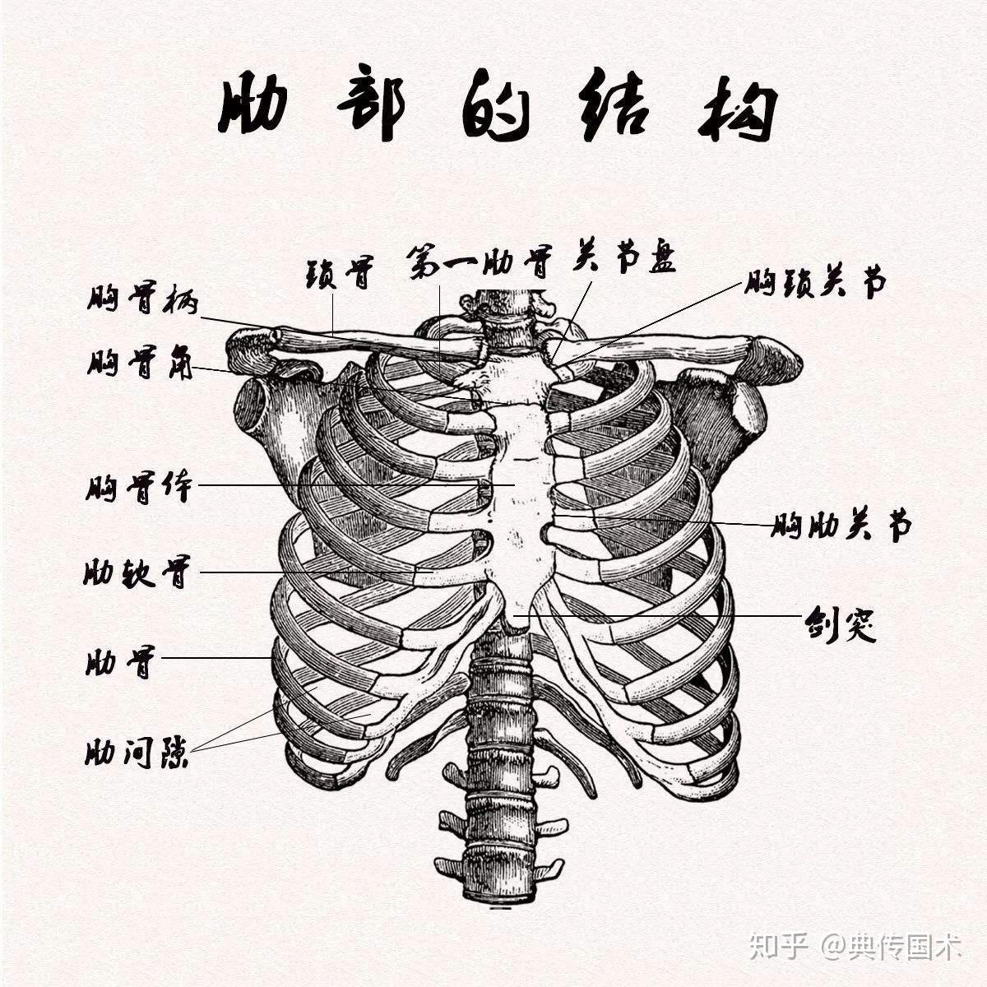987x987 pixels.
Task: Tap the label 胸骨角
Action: point(140,363)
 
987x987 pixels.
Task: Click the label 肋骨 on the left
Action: point(120,661)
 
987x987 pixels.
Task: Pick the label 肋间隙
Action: point(137,752)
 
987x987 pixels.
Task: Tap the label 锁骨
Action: point(340,272)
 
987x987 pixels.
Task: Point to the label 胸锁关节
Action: point(816,283)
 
